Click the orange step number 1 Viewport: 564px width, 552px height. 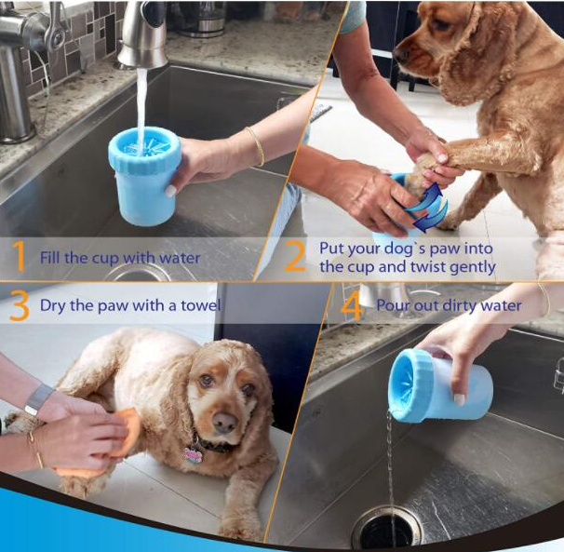pos(19,256)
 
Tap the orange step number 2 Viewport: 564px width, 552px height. pos(296,256)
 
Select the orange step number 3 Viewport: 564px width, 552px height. pos(19,305)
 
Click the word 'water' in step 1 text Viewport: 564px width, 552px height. pos(180,258)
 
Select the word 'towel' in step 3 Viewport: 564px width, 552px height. pos(200,305)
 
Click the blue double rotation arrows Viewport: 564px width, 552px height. pos(428,208)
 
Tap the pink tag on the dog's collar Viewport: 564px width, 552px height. pos(193,455)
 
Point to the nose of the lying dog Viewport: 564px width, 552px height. pos(223,423)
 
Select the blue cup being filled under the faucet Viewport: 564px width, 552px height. pos(144,175)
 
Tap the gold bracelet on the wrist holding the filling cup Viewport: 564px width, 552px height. pos(257,146)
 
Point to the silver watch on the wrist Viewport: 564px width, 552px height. pos(38,399)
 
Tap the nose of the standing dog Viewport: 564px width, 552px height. pos(402,55)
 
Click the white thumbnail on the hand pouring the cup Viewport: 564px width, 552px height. pos(459,399)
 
